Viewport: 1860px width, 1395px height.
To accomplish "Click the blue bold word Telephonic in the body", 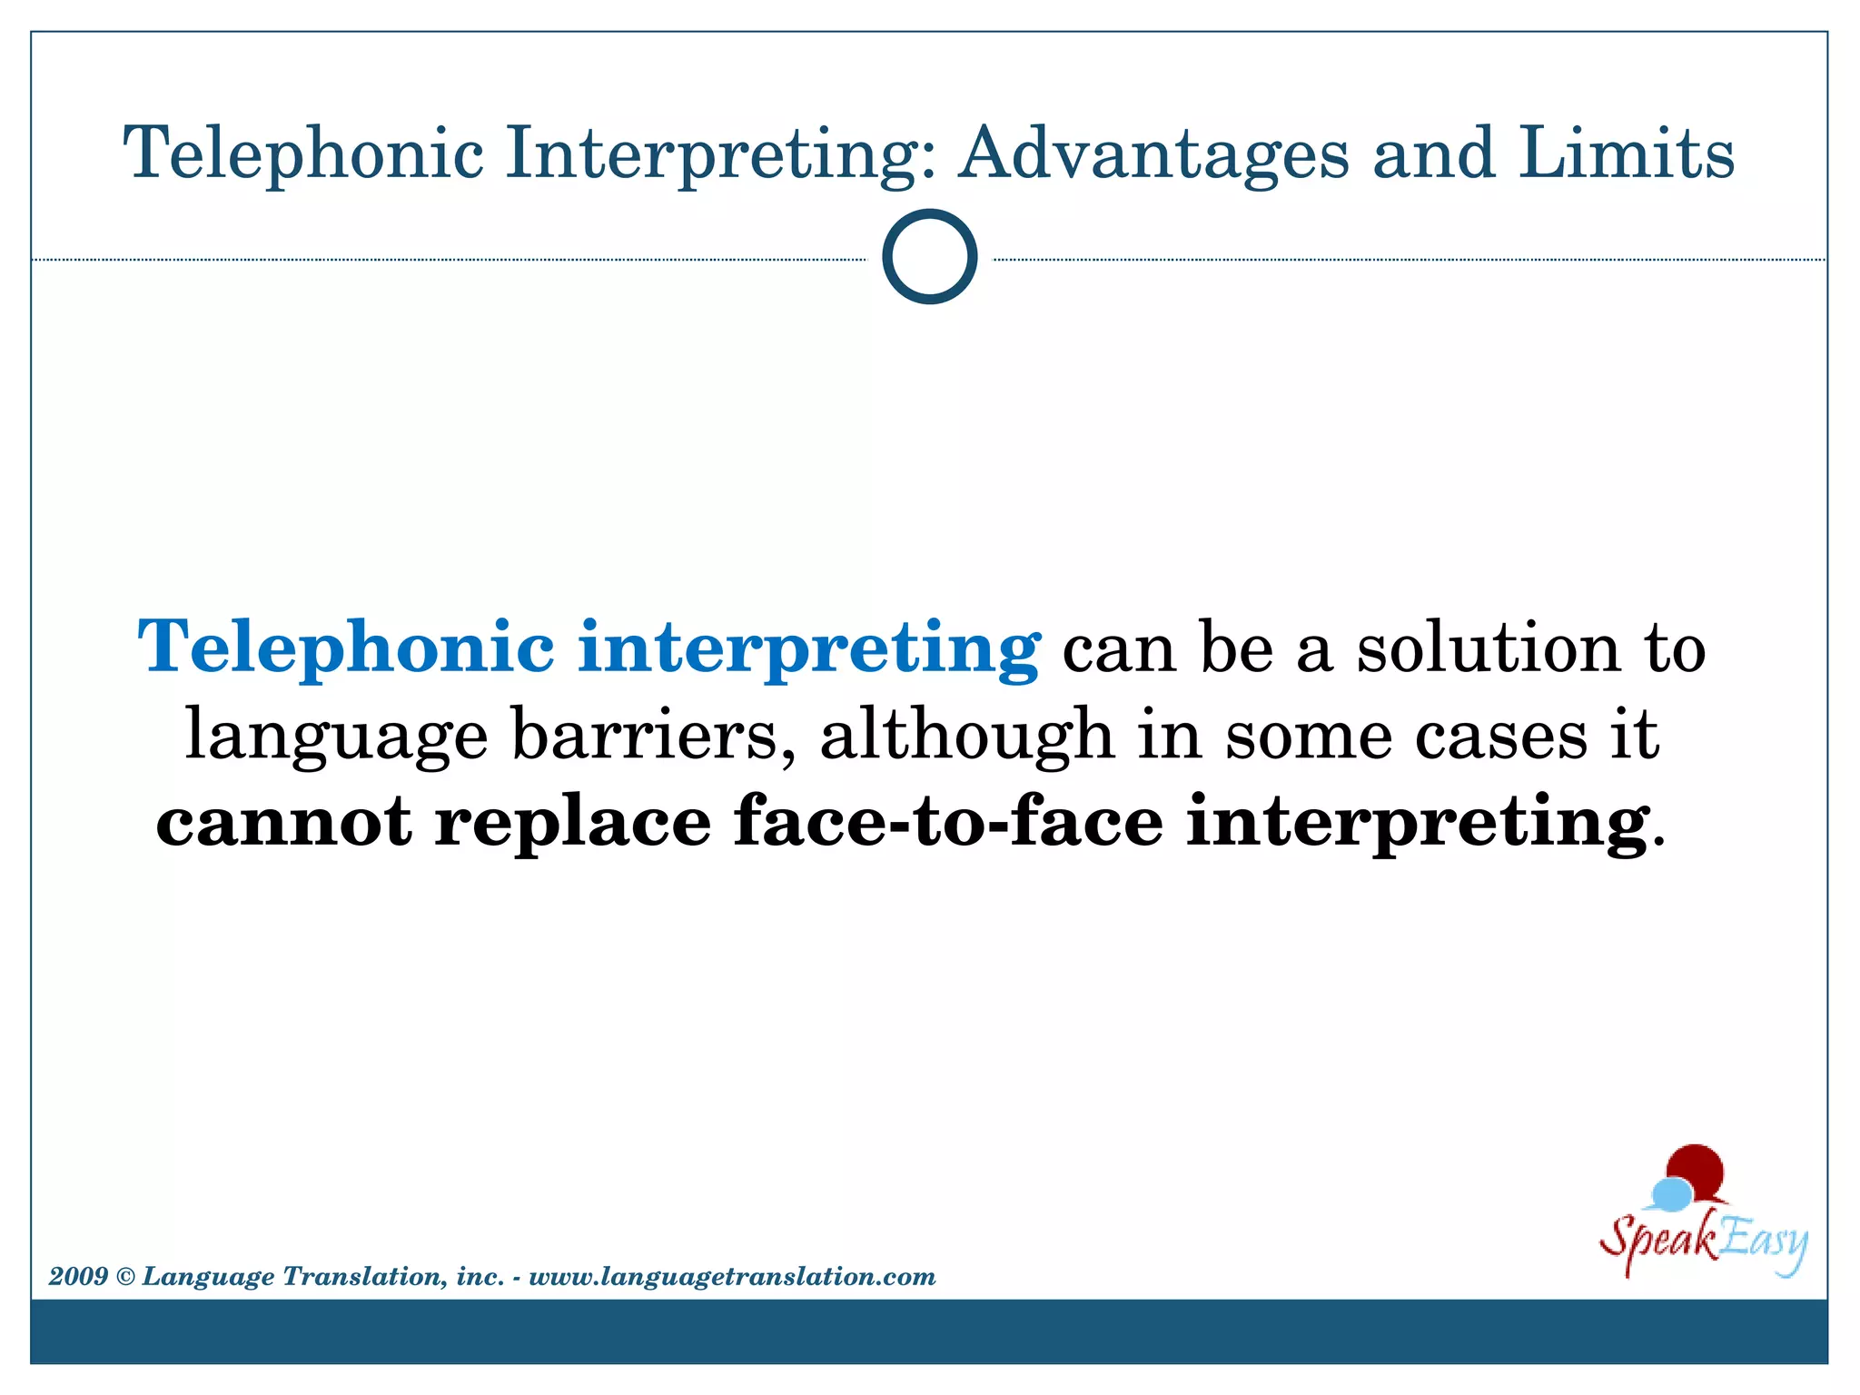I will (345, 647).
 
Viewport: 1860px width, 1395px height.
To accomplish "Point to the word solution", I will (1489, 648).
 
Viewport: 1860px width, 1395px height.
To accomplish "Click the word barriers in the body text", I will (646, 734).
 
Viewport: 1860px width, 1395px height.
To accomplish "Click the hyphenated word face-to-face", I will (948, 821).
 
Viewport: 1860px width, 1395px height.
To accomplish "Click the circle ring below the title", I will (929, 256).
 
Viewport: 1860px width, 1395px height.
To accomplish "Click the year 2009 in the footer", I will (79, 1277).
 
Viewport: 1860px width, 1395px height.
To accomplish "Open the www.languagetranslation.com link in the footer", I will (732, 1277).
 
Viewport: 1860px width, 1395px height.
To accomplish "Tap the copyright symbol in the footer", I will (125, 1278).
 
